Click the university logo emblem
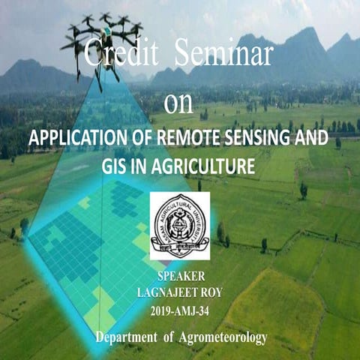click(x=179, y=225)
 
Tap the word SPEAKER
click(x=179, y=274)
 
